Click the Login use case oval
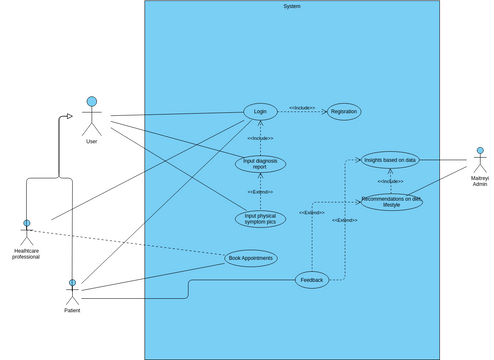coord(260,112)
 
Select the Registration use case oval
coord(344,112)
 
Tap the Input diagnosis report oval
coord(260,163)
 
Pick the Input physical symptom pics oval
coord(259,218)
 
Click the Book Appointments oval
coord(250,258)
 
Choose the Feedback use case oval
coord(312,280)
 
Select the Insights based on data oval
coord(390,159)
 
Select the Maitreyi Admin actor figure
coord(479,160)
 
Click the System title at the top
coord(291,7)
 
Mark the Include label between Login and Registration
coord(302,107)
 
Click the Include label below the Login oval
coord(259,138)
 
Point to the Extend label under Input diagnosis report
coord(260,191)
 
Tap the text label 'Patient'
coord(72,311)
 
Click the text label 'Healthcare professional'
coord(26,253)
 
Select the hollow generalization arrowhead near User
coord(68,116)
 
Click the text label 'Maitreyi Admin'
coord(479,183)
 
